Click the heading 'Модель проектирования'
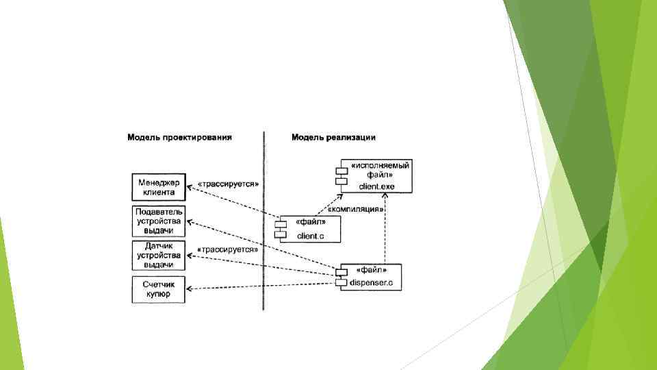179,138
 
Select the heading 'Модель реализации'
333,138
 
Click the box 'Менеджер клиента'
159,187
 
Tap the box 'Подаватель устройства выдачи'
159,221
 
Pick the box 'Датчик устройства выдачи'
159,255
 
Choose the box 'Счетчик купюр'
159,289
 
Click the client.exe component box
376,175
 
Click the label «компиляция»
355,209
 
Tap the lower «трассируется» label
227,250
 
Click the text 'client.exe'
376,186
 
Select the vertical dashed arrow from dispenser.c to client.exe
385,230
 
